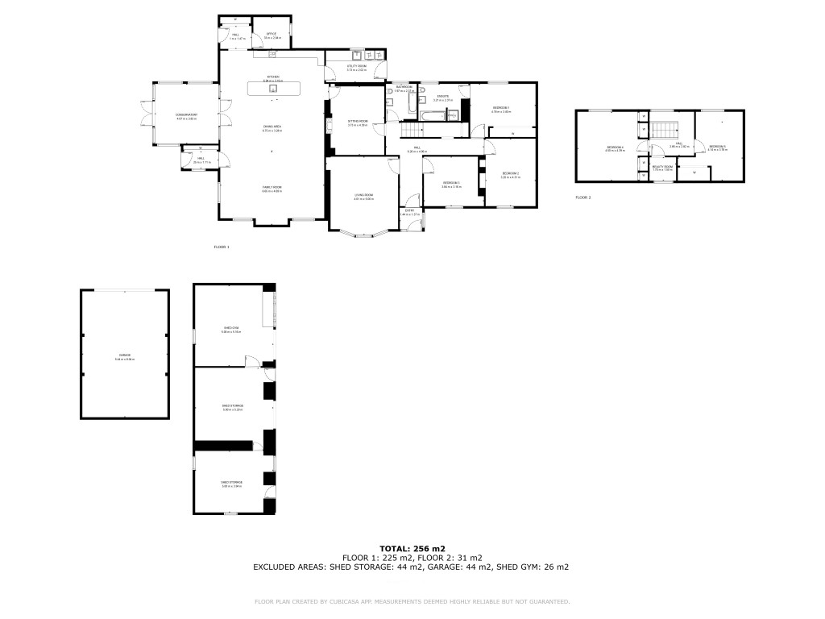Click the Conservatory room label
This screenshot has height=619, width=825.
pyautogui.click(x=186, y=115)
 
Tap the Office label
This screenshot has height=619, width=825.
pyautogui.click(x=272, y=34)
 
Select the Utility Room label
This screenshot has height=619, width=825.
pyautogui.click(x=356, y=67)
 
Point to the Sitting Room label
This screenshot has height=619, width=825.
pyautogui.click(x=357, y=121)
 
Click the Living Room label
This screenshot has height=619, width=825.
pyautogui.click(x=363, y=196)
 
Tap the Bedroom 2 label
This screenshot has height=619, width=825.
pyautogui.click(x=511, y=173)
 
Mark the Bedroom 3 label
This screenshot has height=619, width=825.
pyautogui.click(x=451, y=183)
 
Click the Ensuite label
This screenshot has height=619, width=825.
pyautogui.click(x=443, y=96)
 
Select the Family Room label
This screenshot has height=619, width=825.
pyautogui.click(x=272, y=187)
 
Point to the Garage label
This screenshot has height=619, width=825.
pyautogui.click(x=124, y=355)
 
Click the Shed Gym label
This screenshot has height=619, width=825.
pyautogui.click(x=231, y=328)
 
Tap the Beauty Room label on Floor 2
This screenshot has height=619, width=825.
pyautogui.click(x=662, y=166)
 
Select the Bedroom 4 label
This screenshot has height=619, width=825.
pyautogui.click(x=615, y=147)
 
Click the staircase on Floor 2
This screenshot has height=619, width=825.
pyautogui.click(x=662, y=130)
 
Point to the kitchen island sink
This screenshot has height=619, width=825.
pyautogui.click(x=273, y=89)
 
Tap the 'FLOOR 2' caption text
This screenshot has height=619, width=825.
pyautogui.click(x=582, y=197)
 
